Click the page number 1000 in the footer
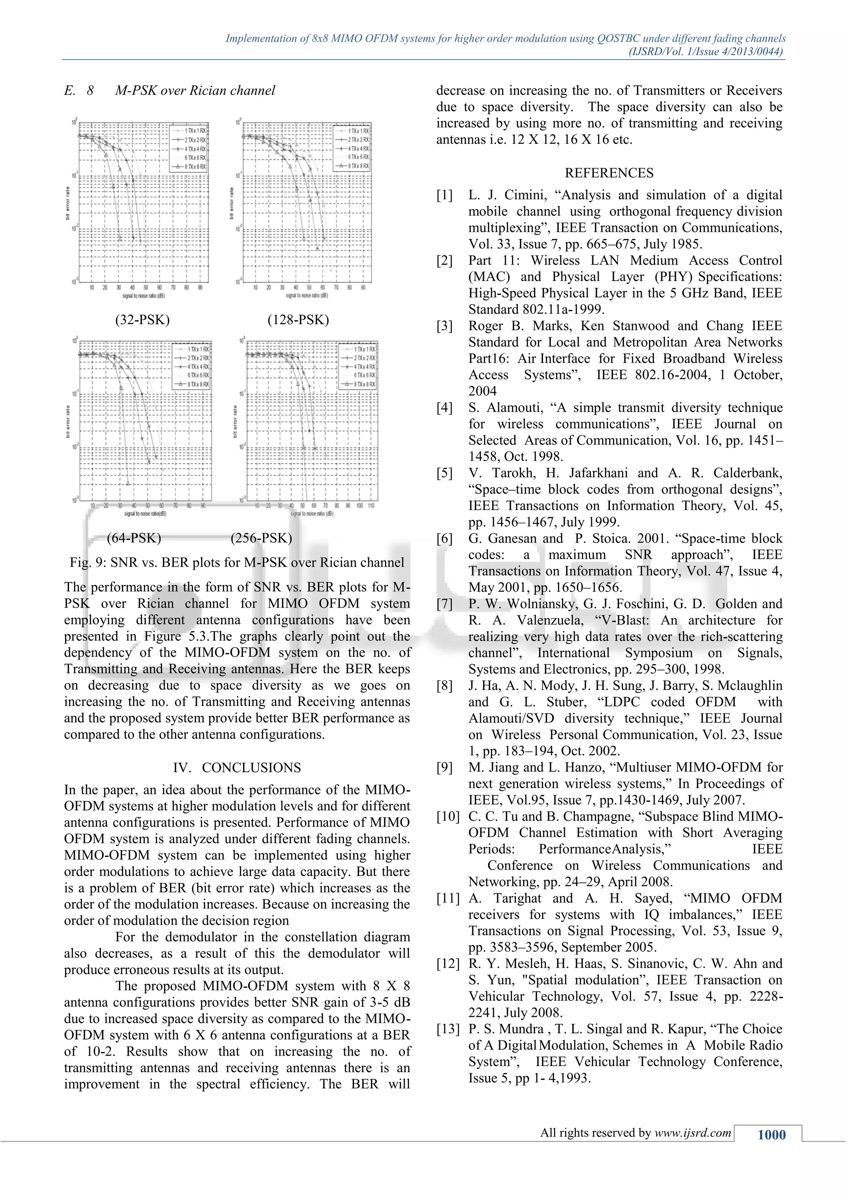771,1135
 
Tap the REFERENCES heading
609,173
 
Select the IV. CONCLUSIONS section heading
237,768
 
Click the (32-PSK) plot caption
142,320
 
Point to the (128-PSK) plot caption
298,320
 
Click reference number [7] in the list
444,604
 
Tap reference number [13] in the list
448,1029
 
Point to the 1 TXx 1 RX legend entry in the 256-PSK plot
364,349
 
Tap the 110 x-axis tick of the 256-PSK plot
371,506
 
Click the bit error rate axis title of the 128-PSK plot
232,203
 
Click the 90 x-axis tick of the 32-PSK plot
200,288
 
